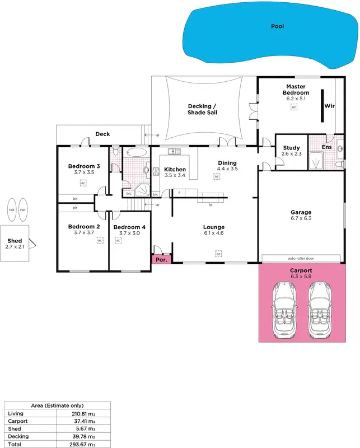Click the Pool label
tap(277, 26)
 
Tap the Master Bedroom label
tap(296, 89)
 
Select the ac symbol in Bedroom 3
tap(83, 183)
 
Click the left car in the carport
tap(285, 309)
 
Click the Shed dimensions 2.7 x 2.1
tap(15, 246)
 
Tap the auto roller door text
tap(301, 259)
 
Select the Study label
tap(291, 148)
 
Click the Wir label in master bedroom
tap(330, 105)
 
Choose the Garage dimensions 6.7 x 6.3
tap(301, 218)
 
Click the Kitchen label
tap(175, 169)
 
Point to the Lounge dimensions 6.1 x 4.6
tap(214, 233)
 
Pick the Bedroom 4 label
tap(129, 227)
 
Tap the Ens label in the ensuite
tap(326, 147)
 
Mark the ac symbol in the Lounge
tap(218, 254)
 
